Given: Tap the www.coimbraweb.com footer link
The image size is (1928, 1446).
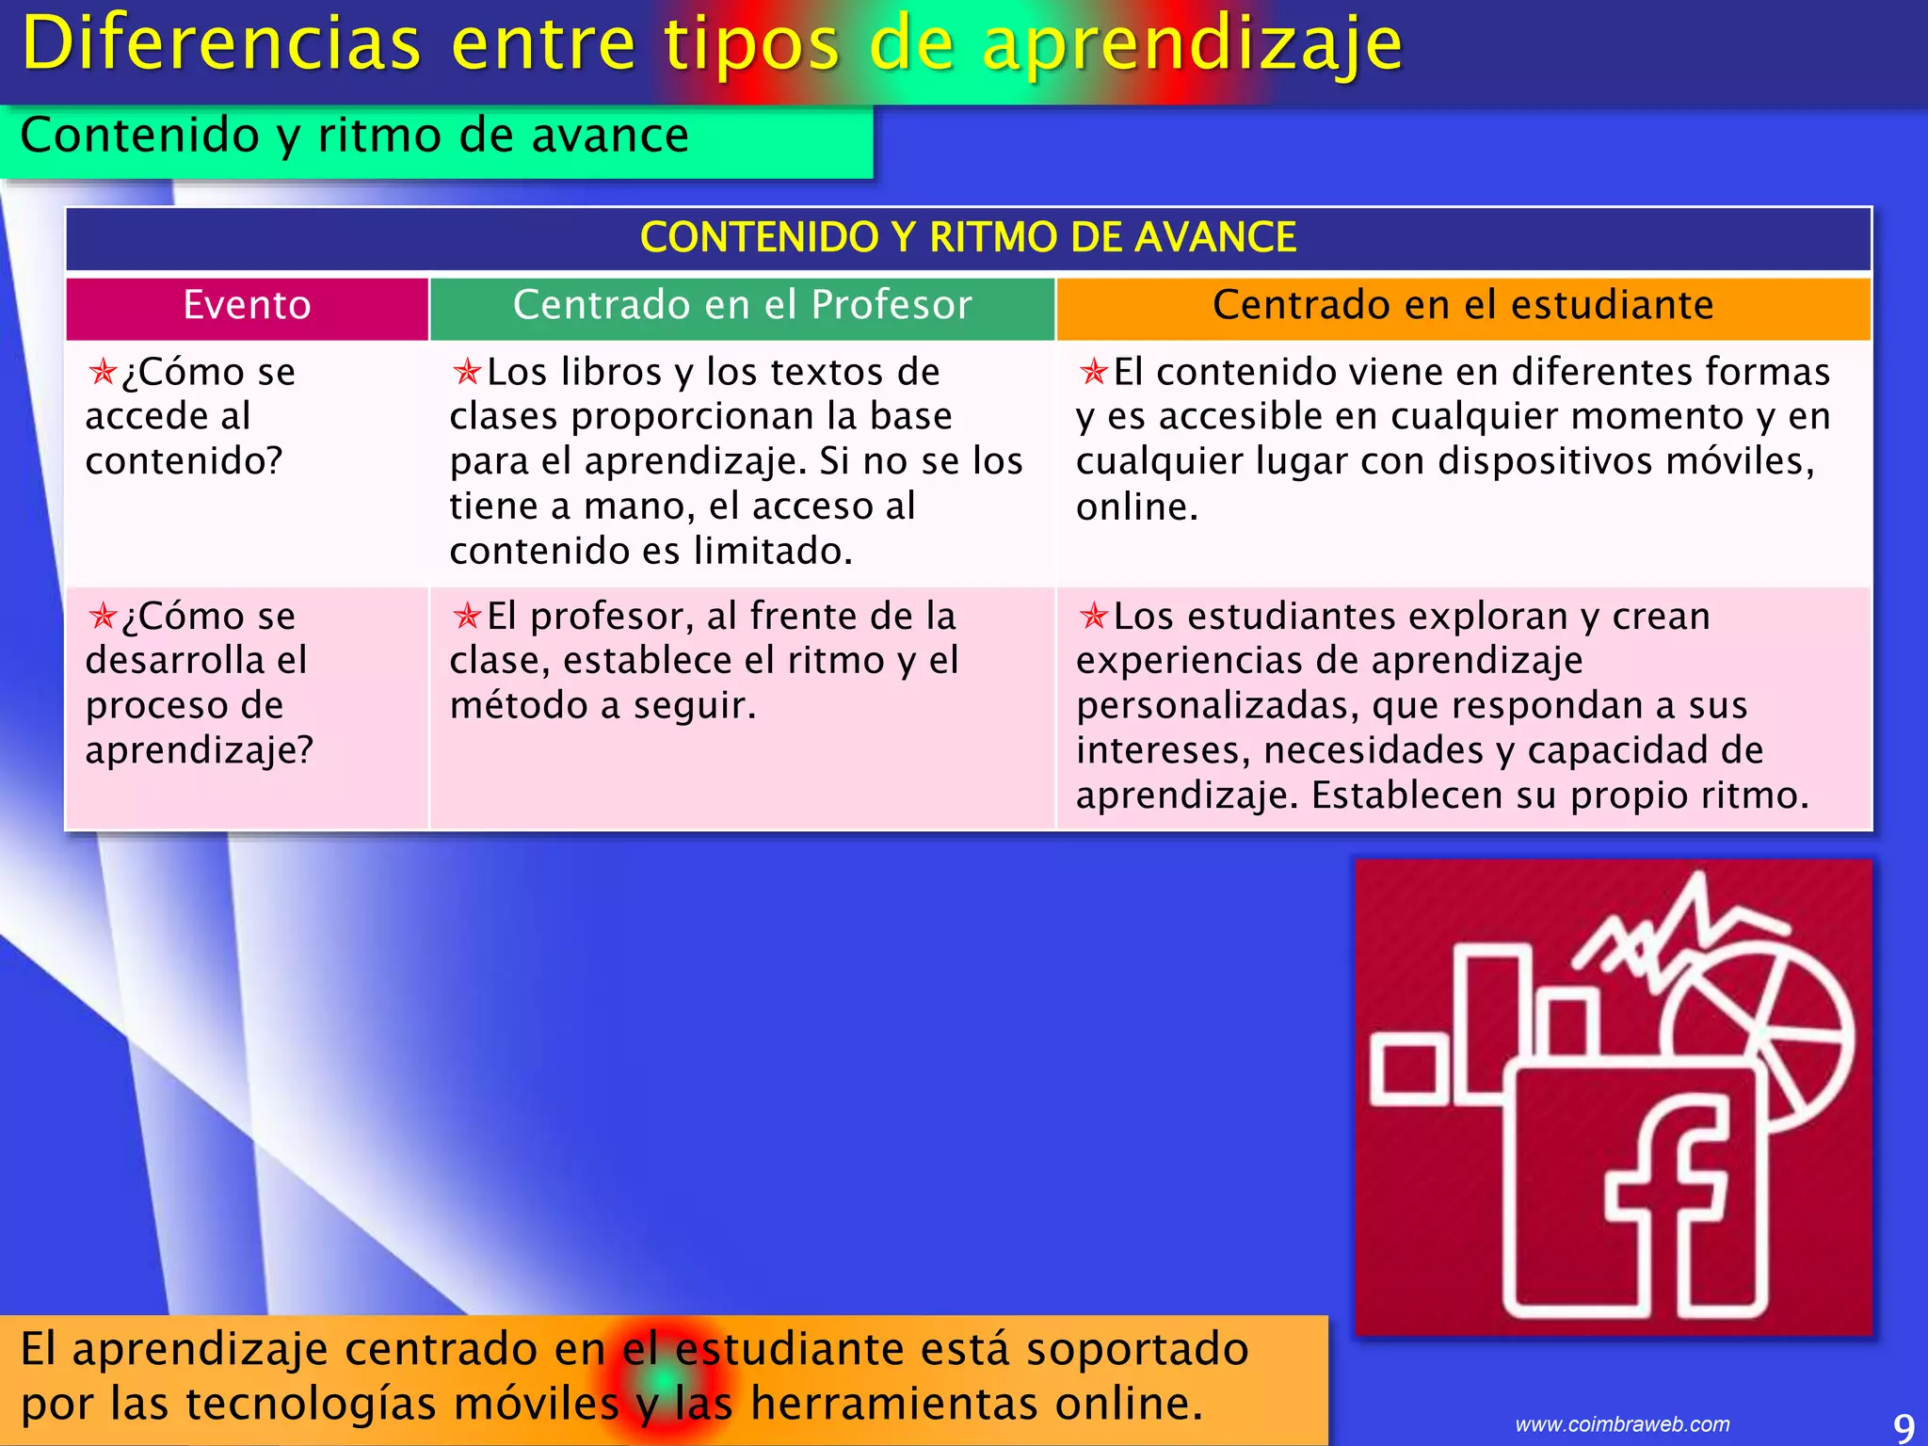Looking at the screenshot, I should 1622,1424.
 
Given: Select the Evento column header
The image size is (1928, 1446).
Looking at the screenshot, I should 247,306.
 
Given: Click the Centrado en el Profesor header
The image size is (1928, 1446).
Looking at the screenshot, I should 742,306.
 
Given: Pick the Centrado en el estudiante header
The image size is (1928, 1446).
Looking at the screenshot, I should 1463,306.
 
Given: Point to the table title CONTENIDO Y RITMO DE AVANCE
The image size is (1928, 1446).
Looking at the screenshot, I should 968,237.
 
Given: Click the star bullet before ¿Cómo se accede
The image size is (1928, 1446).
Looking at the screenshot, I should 103,372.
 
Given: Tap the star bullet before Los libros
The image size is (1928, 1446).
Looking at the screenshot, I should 467,372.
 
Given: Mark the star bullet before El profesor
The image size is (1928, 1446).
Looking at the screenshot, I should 467,617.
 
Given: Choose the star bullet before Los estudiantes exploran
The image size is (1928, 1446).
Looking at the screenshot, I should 1094,617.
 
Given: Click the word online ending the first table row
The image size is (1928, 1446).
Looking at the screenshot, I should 1135,507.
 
